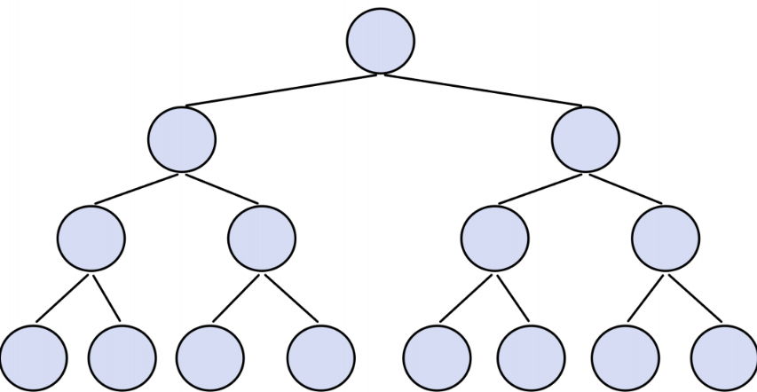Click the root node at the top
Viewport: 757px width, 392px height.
(381, 41)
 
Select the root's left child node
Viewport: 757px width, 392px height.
(182, 139)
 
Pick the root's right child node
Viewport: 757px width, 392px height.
(586, 139)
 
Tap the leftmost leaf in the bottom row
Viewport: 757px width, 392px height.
(34, 358)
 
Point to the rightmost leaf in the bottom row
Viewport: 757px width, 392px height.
(724, 358)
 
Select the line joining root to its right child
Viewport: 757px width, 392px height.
(484, 90)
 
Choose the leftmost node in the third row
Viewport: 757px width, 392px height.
(91, 239)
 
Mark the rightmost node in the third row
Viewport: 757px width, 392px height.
(666, 239)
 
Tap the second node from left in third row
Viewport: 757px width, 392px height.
(262, 239)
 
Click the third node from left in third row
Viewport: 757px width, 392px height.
(495, 239)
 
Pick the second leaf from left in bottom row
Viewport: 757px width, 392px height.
(122, 358)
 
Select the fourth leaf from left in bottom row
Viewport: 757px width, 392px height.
(321, 358)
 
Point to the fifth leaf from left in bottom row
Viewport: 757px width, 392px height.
(437, 358)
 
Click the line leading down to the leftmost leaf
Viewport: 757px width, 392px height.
(62, 298)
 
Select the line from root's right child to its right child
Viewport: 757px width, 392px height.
(626, 188)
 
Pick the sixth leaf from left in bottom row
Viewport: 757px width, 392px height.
(531, 358)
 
